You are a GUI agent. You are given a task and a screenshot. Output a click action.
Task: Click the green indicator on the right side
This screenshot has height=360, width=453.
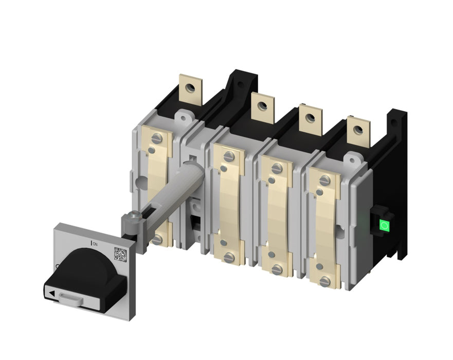(x=384, y=225)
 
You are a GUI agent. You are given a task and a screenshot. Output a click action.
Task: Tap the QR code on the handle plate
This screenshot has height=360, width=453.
(x=120, y=254)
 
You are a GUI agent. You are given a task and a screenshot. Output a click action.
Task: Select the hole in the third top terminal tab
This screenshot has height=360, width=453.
(x=310, y=117)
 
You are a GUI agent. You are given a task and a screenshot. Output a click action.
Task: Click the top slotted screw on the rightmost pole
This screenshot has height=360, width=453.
(x=324, y=181)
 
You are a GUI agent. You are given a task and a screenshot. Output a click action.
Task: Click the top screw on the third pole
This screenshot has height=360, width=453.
(x=277, y=168)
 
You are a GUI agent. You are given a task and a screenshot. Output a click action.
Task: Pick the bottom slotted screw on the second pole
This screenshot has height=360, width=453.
(x=229, y=257)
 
